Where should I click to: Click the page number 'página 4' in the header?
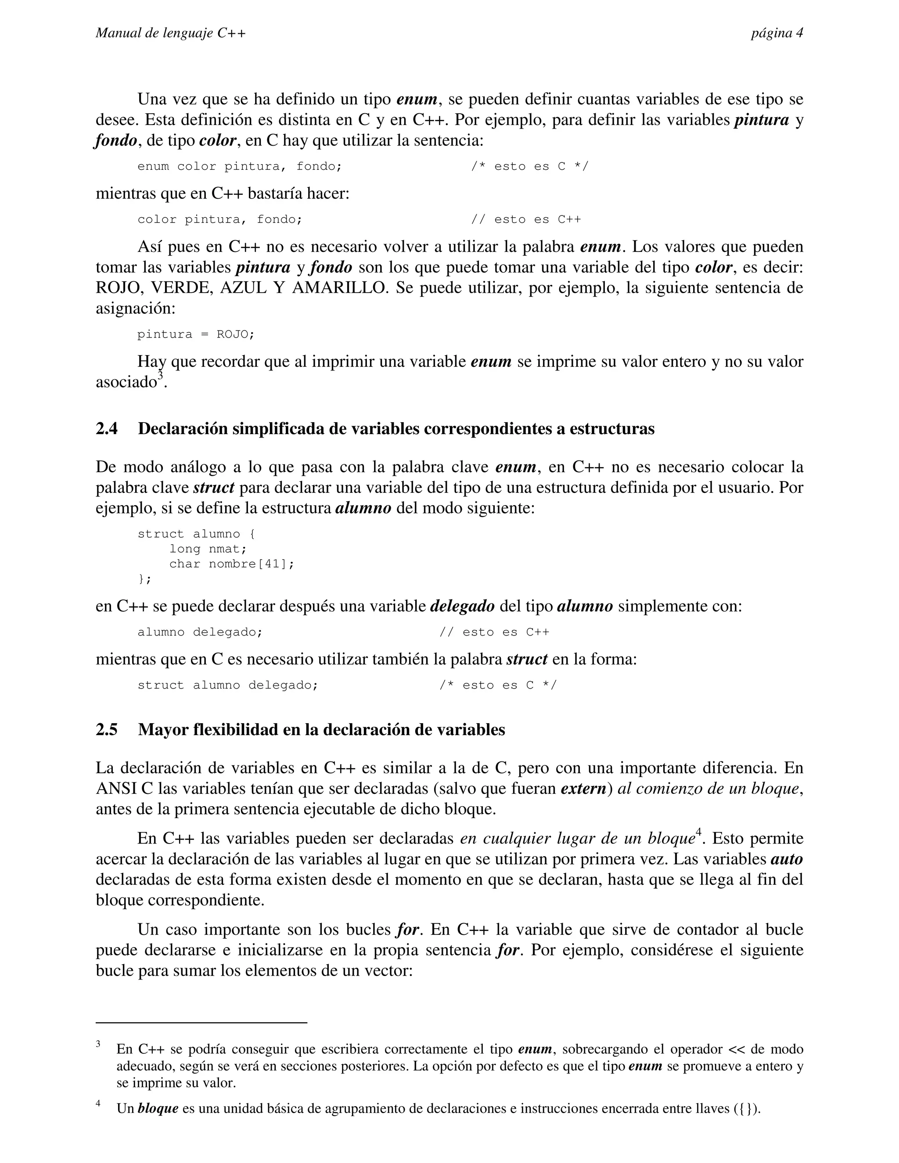point(777,33)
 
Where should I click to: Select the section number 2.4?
point(107,429)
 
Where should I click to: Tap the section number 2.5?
point(107,729)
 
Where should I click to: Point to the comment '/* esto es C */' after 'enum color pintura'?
point(530,166)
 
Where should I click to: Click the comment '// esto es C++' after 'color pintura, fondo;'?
point(526,219)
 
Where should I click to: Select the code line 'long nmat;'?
point(208,549)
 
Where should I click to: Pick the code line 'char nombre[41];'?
point(232,564)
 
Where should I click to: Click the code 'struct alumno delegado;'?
point(228,686)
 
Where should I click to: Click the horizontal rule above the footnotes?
point(201,1023)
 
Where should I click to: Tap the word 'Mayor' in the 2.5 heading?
point(162,729)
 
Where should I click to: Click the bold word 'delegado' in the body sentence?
point(462,607)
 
